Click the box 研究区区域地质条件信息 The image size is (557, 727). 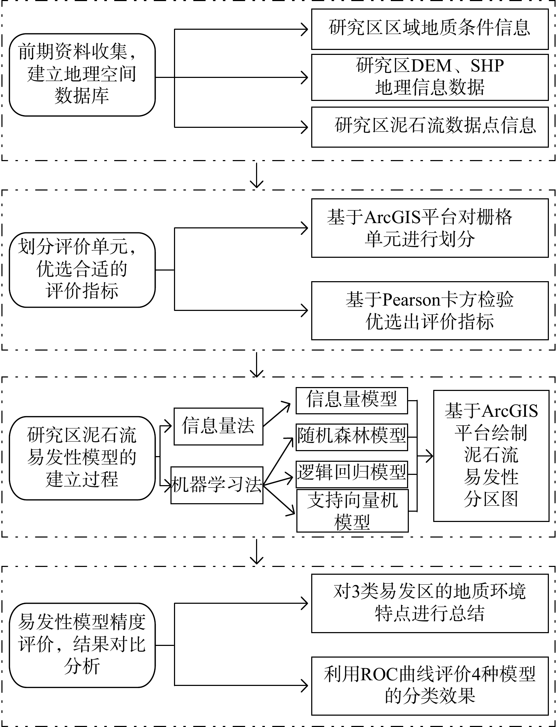click(x=430, y=29)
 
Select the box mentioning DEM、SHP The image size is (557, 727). click(x=430, y=77)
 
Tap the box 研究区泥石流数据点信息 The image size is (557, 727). click(x=430, y=127)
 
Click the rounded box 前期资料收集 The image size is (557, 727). click(x=82, y=75)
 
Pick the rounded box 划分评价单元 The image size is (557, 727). click(x=82, y=270)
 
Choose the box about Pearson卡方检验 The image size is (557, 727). click(x=430, y=311)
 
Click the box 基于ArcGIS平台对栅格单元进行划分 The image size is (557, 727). click(x=430, y=228)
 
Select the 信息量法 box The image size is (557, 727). click(x=218, y=426)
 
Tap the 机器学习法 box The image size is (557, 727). click(x=217, y=485)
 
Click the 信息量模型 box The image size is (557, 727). click(x=352, y=401)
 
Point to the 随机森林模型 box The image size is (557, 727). click(x=352, y=437)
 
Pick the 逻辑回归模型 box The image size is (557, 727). click(x=352, y=474)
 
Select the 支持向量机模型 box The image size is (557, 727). click(x=352, y=511)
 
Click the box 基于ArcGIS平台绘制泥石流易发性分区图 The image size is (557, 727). click(x=491, y=456)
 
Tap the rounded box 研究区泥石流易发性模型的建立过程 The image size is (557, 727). click(x=82, y=458)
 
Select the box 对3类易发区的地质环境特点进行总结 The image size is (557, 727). click(x=430, y=603)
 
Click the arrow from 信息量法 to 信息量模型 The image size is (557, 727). click(x=277, y=414)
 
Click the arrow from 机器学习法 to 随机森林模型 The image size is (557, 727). click(x=278, y=461)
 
